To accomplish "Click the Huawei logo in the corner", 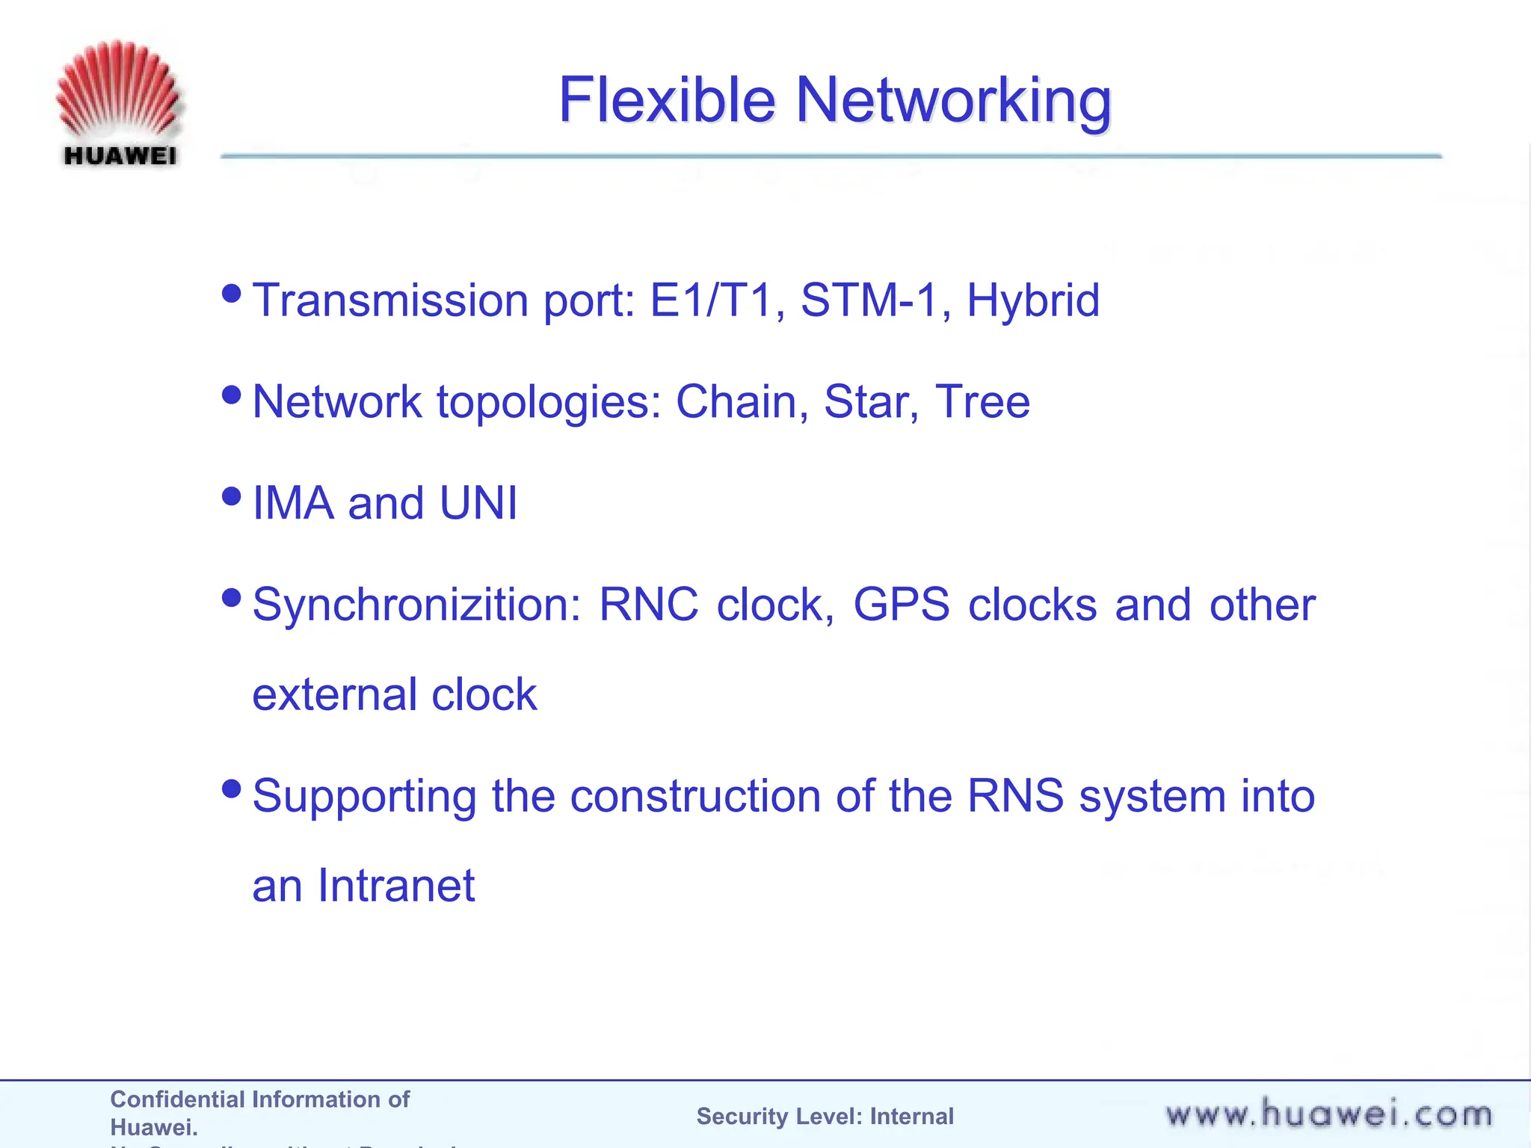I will pos(119,103).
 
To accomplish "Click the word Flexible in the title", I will pos(667,100).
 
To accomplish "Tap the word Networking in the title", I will pos(953,100).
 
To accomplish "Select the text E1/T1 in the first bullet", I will pos(710,300).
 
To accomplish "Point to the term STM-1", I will pos(869,300).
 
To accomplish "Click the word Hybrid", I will pos(1033,300).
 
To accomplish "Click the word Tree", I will pos(982,402).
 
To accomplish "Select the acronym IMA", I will pos(293,503).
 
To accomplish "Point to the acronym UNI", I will pos(478,503).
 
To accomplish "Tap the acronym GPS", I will pos(902,605).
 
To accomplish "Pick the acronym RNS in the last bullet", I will pos(1015,796).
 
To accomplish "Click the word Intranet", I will pos(396,886).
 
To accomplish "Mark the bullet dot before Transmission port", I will pos(232,293).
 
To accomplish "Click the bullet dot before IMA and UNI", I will pos(232,496).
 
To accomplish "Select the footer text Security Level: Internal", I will pos(825,1117).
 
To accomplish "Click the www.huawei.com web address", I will pos(1328,1115).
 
